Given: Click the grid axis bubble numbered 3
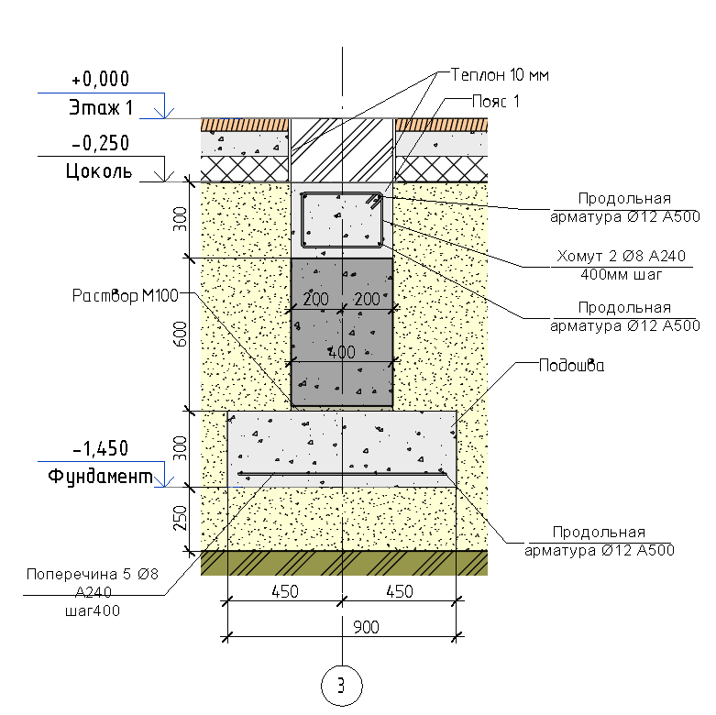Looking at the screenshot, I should point(342,685).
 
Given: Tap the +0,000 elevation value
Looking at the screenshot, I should point(100,79).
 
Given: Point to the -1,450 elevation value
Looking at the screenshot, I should point(100,448).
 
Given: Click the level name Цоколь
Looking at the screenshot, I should point(99,170).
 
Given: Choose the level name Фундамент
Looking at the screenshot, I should point(100,477).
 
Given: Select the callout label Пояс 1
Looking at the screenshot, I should point(495,101).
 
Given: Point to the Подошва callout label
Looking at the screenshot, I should point(570,364).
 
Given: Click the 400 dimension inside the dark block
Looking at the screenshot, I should point(341,352).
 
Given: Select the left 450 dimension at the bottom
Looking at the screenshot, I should point(284,591).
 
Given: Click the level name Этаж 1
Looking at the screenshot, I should point(100,108).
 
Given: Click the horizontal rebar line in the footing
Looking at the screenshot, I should point(342,473).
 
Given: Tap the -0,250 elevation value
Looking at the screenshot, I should point(100,143).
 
